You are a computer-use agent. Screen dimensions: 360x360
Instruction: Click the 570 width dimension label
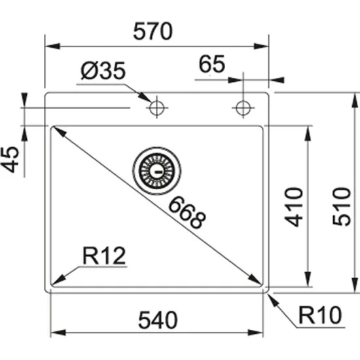(154, 31)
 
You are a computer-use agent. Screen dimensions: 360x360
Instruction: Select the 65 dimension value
(211, 64)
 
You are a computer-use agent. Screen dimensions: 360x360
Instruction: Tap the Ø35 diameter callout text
(103, 71)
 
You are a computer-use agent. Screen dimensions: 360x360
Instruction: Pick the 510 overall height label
(342, 206)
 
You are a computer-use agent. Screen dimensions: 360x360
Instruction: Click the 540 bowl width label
(157, 320)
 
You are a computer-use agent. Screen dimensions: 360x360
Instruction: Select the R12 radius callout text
(103, 255)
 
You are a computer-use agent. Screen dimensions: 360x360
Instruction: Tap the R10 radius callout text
(322, 317)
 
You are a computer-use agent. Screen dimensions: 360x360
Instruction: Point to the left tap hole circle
(156, 107)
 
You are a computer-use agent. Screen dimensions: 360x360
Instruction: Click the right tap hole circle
(243, 107)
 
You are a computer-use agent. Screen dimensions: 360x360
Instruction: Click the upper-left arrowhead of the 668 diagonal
(57, 130)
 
